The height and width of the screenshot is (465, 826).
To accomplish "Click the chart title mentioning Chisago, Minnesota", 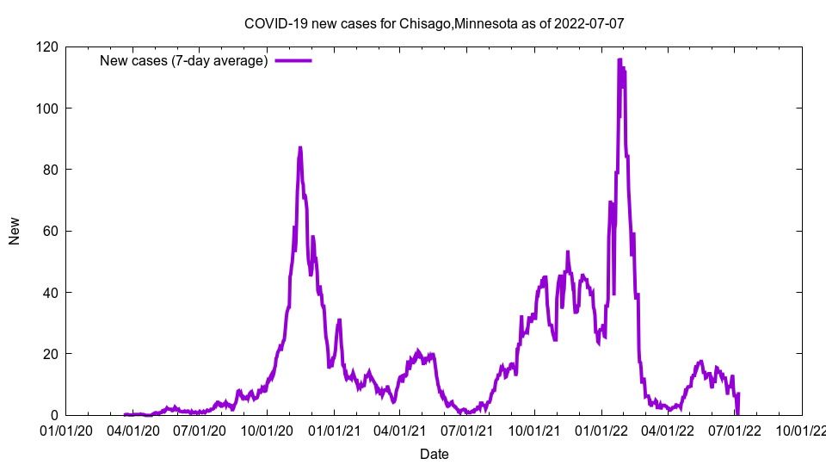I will pos(434,23).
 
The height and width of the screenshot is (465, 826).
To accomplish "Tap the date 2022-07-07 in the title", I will pos(589,23).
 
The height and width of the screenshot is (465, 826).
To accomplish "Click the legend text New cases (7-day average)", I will pos(183,60).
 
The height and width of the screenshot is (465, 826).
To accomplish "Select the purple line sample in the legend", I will pos(293,60).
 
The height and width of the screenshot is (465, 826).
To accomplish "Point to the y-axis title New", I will pos(15,231).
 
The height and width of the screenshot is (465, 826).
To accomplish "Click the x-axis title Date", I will pos(434,454).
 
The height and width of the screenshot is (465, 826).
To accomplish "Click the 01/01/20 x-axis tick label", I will pos(65,428).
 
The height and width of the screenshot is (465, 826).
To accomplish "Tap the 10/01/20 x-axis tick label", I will pos(266,428).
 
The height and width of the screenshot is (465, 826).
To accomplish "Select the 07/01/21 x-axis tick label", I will pos(467,428).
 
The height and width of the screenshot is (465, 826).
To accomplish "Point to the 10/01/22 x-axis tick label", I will pos(802,428).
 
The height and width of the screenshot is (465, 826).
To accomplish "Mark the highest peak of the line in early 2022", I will pos(619,60).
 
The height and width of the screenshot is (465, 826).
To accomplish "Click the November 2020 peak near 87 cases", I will pos(300,148).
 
